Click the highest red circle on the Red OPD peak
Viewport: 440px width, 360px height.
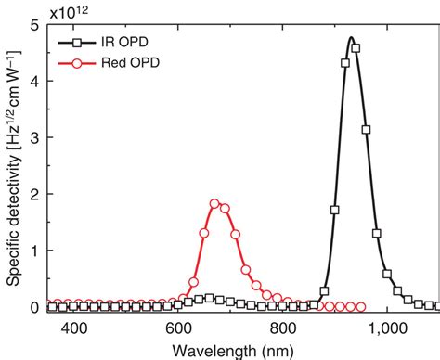(x=214, y=203)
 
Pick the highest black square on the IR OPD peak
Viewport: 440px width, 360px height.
(x=356, y=48)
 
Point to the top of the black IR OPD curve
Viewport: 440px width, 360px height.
(x=351, y=38)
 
